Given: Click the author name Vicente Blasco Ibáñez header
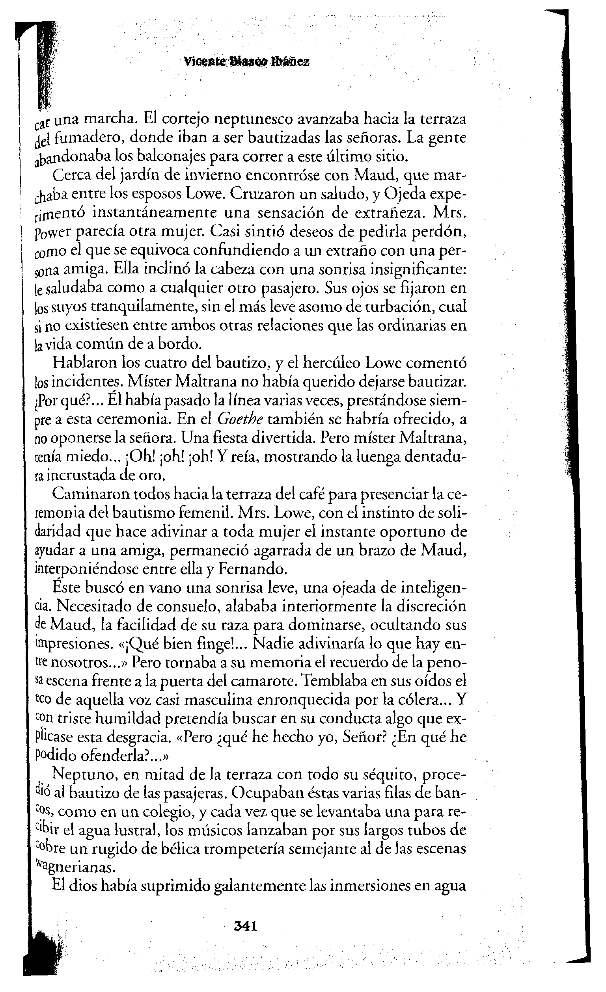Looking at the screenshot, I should pyautogui.click(x=246, y=62).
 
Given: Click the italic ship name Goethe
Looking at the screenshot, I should pyautogui.click(x=240, y=419).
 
